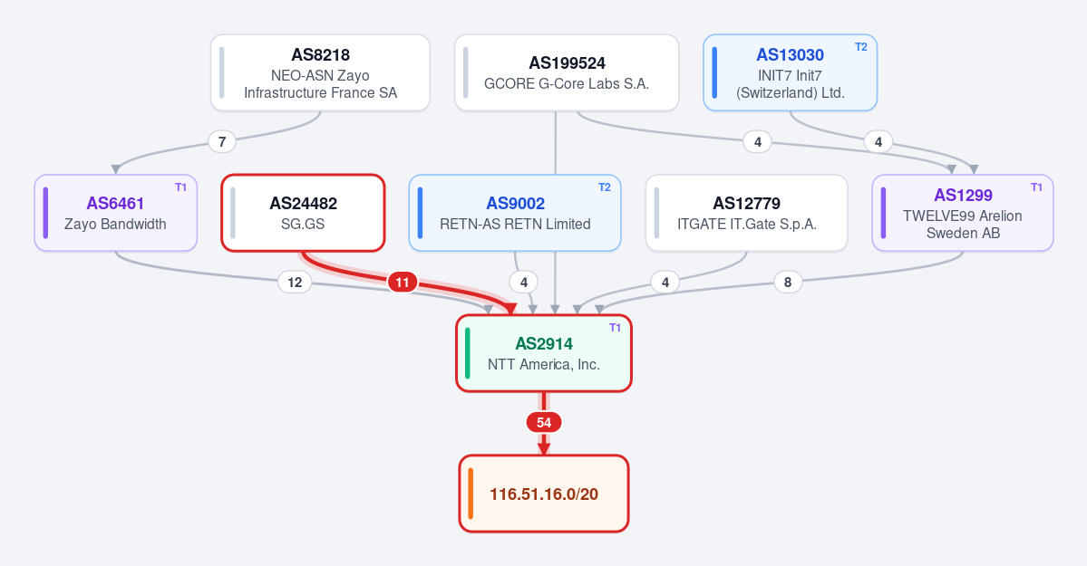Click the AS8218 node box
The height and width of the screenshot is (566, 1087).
pos(320,72)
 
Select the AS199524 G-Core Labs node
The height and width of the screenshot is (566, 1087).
pos(567,72)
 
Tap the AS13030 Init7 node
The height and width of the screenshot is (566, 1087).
pos(791,72)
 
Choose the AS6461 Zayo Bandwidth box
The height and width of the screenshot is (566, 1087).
pos(116,213)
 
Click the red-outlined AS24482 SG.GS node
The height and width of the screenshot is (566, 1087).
pos(303,213)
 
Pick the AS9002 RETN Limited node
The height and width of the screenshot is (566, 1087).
pos(515,213)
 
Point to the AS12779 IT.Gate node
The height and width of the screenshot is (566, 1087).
pos(747,213)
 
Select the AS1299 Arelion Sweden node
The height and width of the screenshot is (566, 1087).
pos(963,213)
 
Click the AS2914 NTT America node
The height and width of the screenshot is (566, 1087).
pos(544,353)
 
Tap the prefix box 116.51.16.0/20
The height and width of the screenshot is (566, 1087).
pos(544,494)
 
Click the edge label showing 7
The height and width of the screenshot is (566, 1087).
pos(222,142)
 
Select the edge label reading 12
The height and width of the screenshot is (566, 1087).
pos(295,282)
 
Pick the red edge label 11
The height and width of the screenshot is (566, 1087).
pos(403,282)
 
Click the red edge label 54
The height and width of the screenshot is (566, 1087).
pos(544,423)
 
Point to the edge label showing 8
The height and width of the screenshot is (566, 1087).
pos(788,282)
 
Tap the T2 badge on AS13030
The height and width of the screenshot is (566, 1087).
pos(861,47)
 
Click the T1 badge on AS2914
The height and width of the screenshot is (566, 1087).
pos(615,328)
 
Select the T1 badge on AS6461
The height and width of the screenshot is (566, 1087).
pos(181,187)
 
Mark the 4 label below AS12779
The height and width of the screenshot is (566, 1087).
pos(665,282)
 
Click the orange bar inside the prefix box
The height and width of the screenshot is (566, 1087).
pos(471,494)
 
